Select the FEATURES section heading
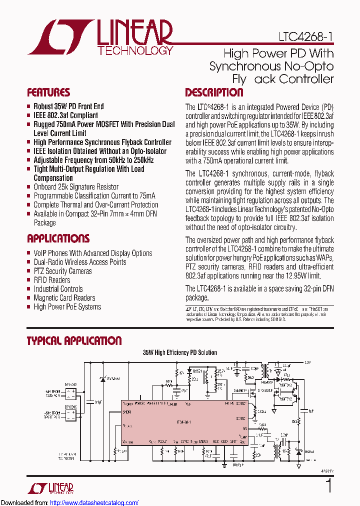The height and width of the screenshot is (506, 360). tap(48, 92)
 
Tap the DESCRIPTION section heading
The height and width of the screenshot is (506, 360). tap(214, 92)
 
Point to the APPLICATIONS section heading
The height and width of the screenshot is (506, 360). tap(58, 238)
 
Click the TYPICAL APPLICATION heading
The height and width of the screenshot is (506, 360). tap(74, 341)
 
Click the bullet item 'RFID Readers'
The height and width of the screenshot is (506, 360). tap(51, 280)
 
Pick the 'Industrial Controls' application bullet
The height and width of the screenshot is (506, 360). tap(58, 289)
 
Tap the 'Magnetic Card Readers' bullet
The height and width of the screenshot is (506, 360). tap(64, 298)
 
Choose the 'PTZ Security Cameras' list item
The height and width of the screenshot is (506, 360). tap(62, 271)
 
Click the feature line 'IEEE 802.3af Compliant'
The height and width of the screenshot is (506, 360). tap(65, 115)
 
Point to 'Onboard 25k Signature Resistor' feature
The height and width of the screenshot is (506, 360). tap(75, 187)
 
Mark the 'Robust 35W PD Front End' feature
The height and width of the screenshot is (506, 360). tap(68, 106)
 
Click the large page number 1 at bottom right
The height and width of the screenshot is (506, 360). tap(328, 486)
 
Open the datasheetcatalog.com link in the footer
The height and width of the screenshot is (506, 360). tap(94, 502)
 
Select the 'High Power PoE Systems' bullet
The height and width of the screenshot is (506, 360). tap(67, 307)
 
